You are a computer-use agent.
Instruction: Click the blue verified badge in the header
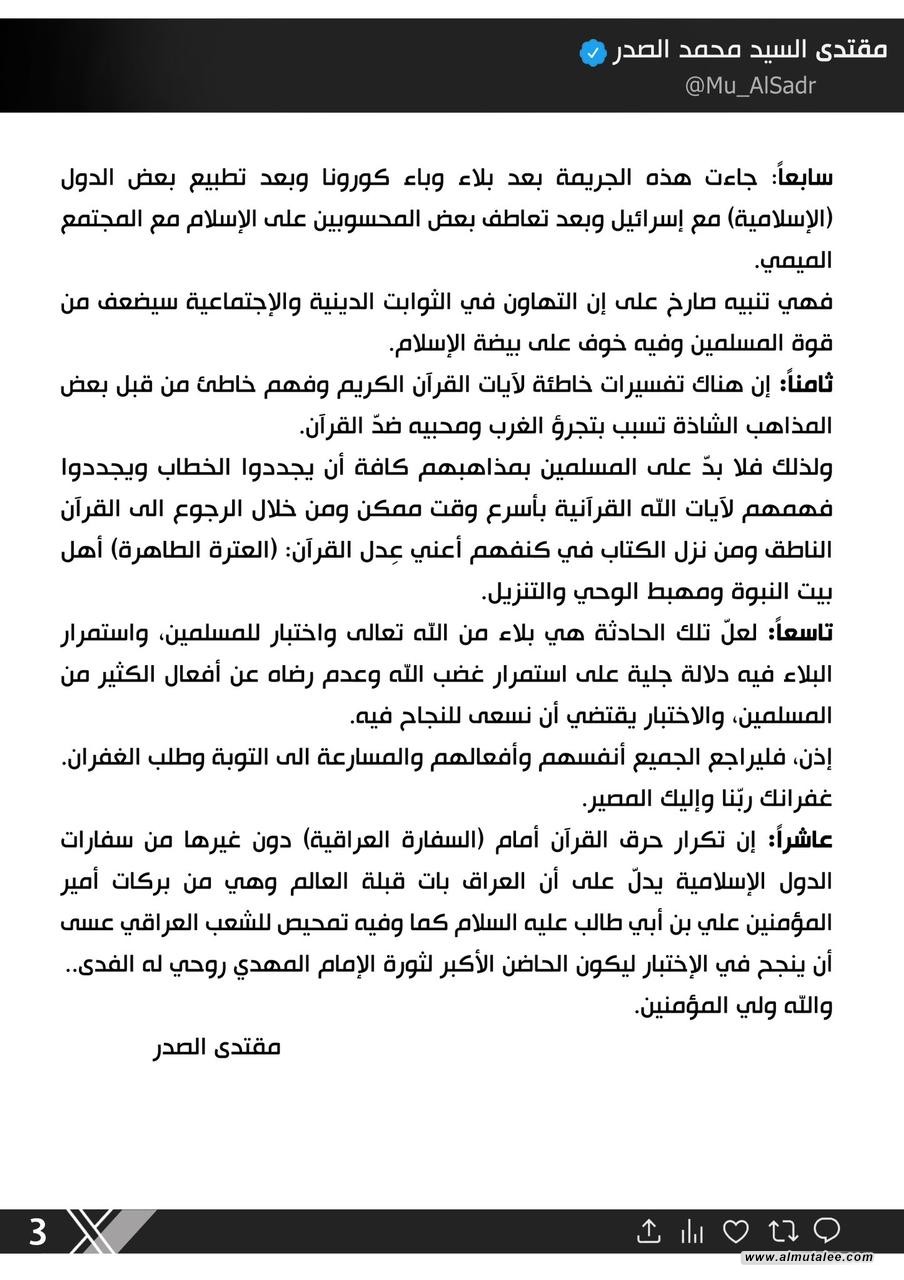(593, 52)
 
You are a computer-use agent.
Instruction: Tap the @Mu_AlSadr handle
(749, 85)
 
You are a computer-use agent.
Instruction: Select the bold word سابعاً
(805, 179)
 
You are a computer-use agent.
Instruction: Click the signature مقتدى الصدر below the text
(216, 1047)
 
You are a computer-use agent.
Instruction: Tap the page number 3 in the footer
(37, 1231)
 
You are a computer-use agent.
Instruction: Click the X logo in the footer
(96, 1231)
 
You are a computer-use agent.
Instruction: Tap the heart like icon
(736, 1231)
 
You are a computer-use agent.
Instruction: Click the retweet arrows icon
(781, 1231)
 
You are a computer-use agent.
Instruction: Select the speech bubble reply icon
(827, 1230)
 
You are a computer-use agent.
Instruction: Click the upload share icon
(649, 1231)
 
